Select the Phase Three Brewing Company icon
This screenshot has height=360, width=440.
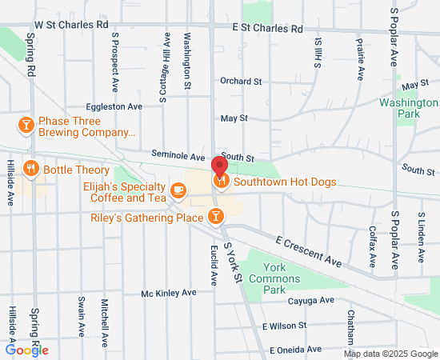(x=26, y=126)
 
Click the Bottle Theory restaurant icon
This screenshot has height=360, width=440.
(x=31, y=169)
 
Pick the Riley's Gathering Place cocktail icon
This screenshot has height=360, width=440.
(x=215, y=216)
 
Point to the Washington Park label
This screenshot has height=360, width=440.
(x=408, y=108)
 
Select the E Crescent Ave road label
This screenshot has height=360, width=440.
(x=309, y=250)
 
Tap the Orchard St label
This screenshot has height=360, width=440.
(x=241, y=81)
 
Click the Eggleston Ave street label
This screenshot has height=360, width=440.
(x=114, y=106)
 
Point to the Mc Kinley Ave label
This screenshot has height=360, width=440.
(x=169, y=294)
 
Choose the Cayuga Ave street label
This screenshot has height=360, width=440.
(x=310, y=300)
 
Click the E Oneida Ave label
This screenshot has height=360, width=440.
(x=295, y=350)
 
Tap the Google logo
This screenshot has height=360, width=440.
(x=26, y=350)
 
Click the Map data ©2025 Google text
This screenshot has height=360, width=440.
(x=390, y=354)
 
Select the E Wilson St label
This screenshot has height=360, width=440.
(x=286, y=326)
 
